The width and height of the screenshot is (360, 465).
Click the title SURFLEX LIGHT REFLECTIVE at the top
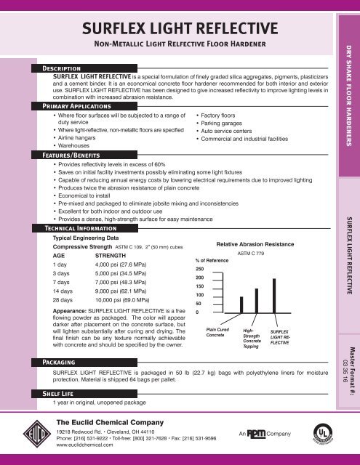click(179, 30)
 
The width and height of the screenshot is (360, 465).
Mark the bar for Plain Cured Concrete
click(220, 312)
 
